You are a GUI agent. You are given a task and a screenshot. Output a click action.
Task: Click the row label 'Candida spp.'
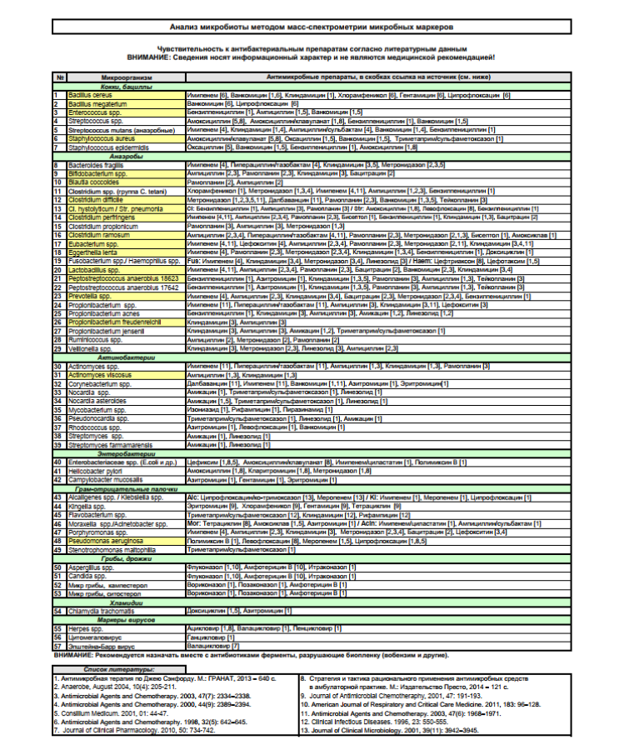87,576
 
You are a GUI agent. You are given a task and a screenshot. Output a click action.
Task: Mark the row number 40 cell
58,462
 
